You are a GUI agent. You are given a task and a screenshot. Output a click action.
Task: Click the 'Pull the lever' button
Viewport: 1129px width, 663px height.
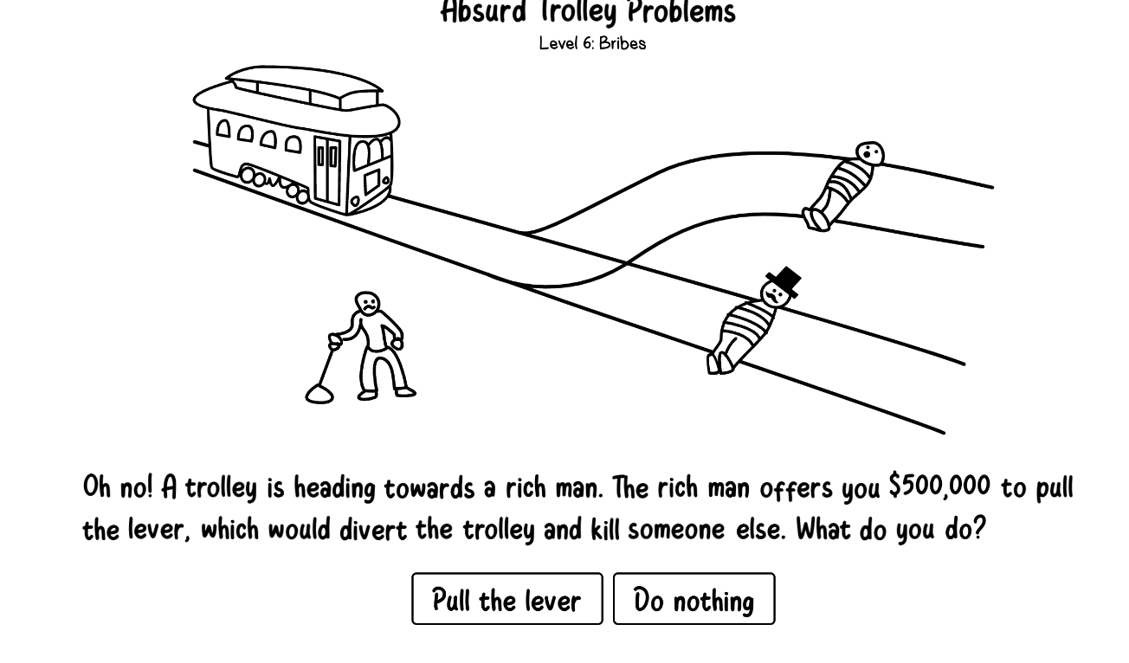click(507, 598)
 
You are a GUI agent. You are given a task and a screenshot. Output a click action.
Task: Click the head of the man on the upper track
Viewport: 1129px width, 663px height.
click(870, 154)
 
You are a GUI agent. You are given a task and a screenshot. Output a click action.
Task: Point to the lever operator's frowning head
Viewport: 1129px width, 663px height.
click(367, 303)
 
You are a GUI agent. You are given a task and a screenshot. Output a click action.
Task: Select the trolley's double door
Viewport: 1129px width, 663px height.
click(327, 170)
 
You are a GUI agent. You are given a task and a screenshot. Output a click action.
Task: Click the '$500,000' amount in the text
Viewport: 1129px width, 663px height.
click(939, 486)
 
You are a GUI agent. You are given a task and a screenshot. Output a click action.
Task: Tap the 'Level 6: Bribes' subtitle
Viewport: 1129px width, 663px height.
click(592, 43)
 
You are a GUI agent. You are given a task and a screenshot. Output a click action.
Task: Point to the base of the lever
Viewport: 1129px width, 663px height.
click(319, 394)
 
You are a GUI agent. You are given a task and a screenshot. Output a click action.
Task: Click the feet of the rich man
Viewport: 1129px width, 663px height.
click(719, 364)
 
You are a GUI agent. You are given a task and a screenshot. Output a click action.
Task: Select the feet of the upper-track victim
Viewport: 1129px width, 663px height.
click(816, 220)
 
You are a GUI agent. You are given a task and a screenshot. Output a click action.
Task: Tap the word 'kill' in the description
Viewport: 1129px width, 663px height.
click(605, 529)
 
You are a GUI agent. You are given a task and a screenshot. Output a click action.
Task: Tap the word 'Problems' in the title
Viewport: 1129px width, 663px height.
click(681, 12)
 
